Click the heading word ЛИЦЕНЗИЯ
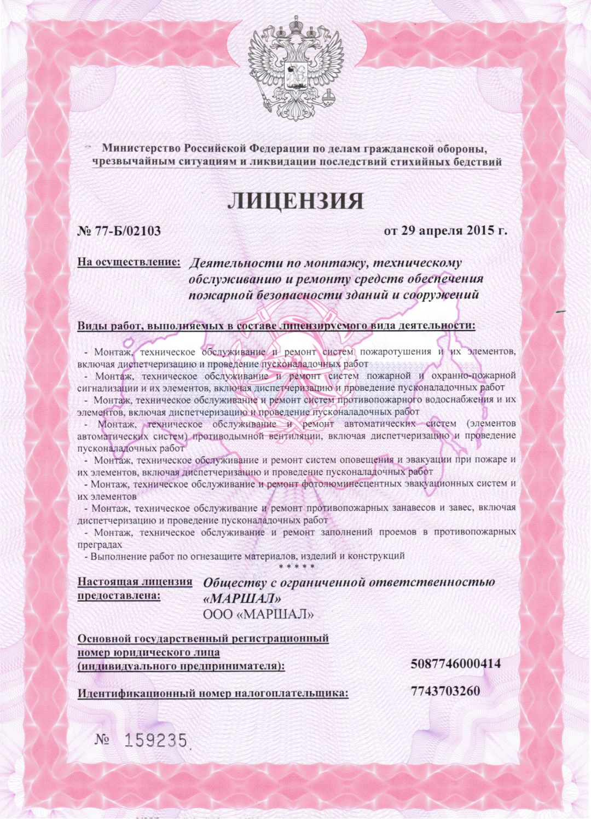pos(296,201)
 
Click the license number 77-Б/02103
pos(128,231)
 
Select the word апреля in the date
pos(435,230)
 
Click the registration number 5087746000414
pos(455,664)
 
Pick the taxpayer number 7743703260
pos(445,691)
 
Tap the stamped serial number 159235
pos(157,741)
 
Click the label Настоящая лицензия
pos(135,581)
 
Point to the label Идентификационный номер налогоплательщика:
pos(213,694)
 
